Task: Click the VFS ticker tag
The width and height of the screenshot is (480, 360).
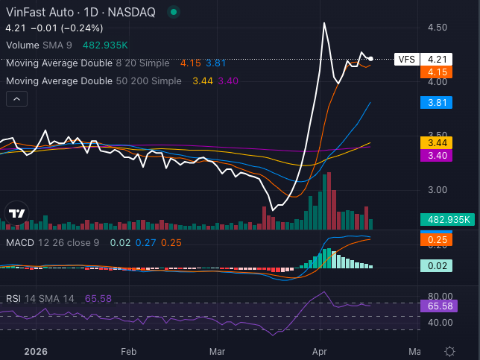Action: [406, 59]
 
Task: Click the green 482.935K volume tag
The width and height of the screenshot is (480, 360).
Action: [445, 219]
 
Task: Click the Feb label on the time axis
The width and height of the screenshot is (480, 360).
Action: [129, 351]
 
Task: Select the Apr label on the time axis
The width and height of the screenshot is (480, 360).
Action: [320, 351]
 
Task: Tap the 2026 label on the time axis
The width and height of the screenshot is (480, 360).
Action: [37, 351]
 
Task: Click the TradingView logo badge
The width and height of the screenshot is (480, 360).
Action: [16, 213]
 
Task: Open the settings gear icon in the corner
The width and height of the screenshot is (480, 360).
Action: [450, 351]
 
